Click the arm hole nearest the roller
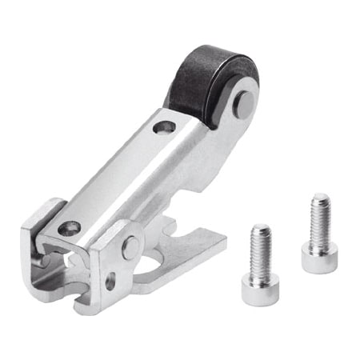click(x=165, y=126)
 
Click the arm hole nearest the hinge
click(x=70, y=228)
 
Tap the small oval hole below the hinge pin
click(x=110, y=282)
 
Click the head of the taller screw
click(x=319, y=258)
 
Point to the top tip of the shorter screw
click(x=261, y=229)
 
